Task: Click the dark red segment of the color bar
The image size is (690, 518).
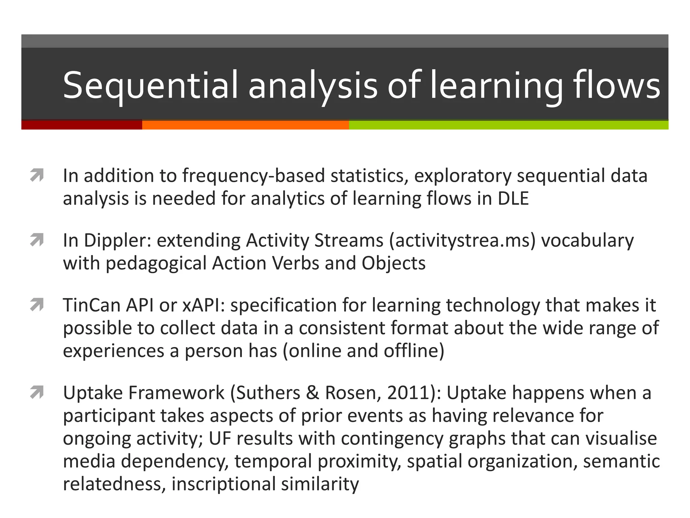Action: coord(82,125)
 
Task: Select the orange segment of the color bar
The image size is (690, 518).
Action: coord(245,125)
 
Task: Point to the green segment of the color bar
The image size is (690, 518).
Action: coord(508,125)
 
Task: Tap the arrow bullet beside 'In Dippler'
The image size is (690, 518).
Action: coord(37,240)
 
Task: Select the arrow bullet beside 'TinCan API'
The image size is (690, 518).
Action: coord(37,305)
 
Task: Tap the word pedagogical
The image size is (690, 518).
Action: coord(156,263)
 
